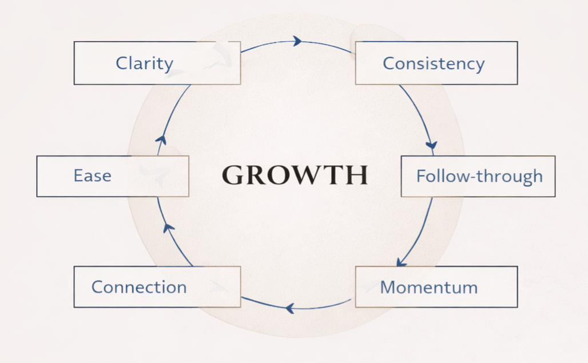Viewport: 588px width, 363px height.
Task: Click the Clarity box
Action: pos(157,63)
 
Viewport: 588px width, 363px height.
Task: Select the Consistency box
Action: pos(436,63)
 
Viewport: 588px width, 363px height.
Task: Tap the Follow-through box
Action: pos(478,176)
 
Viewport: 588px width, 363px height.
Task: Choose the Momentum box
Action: pos(436,286)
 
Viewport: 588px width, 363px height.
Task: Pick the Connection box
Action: pos(157,286)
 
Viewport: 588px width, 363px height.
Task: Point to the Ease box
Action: pos(112,175)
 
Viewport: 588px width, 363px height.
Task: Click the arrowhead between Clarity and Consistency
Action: pos(297,41)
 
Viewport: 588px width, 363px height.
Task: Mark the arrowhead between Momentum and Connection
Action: pos(290,309)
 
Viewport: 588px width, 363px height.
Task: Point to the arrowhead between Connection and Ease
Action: pos(168,228)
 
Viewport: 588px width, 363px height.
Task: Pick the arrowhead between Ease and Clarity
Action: pos(162,139)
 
